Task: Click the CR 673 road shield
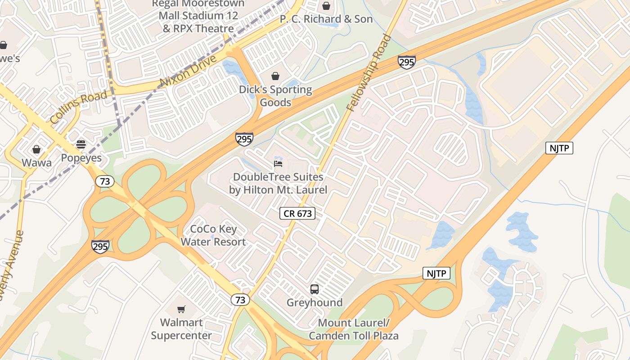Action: coord(297,213)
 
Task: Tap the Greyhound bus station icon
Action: coord(315,289)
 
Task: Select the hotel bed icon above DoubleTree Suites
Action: coord(278,164)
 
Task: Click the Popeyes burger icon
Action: coord(81,144)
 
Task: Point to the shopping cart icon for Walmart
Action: coord(181,309)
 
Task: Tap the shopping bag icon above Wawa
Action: coord(36,149)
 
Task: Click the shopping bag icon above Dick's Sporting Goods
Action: coord(275,76)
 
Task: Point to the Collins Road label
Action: coord(79,107)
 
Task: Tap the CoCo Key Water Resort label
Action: coord(213,235)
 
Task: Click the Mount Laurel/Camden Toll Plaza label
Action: coord(353,329)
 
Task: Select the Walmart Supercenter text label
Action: coord(181,329)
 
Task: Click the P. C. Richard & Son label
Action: coord(326,19)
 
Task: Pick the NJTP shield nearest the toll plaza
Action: coord(436,273)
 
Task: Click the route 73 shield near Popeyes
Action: coord(104,181)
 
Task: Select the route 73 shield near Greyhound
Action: coord(240,300)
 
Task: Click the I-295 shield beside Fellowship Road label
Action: coord(406,62)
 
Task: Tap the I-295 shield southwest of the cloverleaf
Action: coord(100,247)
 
